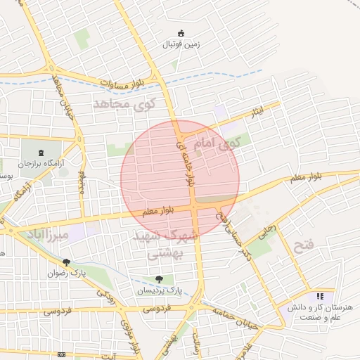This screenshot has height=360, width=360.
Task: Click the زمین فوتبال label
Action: pos(181,44)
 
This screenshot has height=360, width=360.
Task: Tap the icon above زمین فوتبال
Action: pos(181,33)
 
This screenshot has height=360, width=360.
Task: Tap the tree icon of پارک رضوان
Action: pos(66,262)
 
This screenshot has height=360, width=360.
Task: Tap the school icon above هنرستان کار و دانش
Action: pos(321,297)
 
